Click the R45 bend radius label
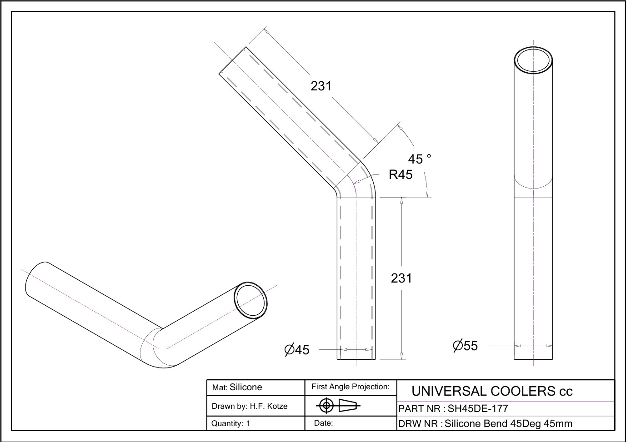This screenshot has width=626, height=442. [x=401, y=174]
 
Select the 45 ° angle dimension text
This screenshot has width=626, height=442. [x=420, y=159]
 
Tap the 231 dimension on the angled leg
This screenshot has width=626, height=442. [x=321, y=86]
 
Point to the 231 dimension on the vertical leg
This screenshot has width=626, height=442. [x=401, y=278]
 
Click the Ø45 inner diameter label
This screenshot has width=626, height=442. [x=297, y=350]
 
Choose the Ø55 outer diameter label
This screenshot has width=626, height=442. [x=466, y=346]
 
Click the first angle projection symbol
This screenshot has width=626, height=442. [x=338, y=405]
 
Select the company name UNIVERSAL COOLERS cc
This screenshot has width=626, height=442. [x=492, y=391]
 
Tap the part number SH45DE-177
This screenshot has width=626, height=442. [x=478, y=408]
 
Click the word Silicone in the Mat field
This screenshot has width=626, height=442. [x=245, y=387]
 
